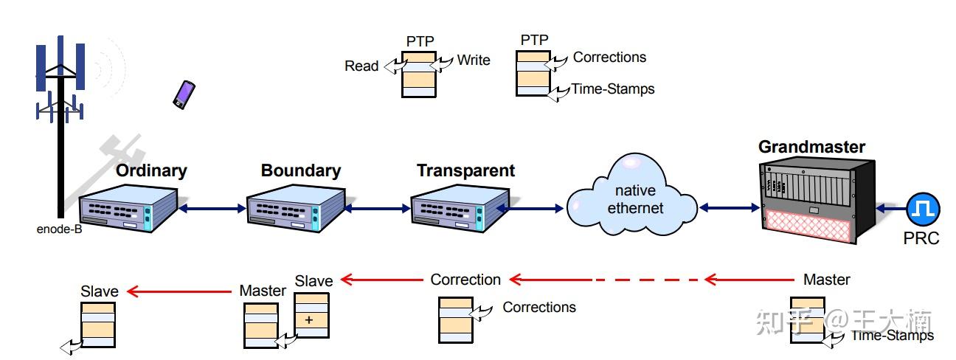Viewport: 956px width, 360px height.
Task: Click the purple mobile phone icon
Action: [x=184, y=94]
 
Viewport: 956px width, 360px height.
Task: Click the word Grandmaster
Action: [x=811, y=146]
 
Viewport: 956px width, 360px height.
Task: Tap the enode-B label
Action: [x=59, y=229]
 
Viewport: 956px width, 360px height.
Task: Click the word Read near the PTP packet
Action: [x=361, y=66]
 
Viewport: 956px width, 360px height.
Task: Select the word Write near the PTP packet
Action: [x=473, y=60]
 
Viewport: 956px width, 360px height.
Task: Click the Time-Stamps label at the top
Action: [x=612, y=89]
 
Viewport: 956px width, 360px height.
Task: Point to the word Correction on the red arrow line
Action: [x=465, y=280]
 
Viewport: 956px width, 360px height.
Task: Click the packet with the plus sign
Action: [x=311, y=315]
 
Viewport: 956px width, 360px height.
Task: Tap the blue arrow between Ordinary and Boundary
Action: [x=213, y=209]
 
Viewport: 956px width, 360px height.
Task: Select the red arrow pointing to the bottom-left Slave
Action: [x=178, y=291]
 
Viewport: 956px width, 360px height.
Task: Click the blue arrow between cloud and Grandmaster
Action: [x=729, y=208]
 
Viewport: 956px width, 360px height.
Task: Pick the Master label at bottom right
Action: [x=826, y=280]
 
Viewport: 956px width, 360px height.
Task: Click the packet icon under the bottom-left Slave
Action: [x=97, y=323]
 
